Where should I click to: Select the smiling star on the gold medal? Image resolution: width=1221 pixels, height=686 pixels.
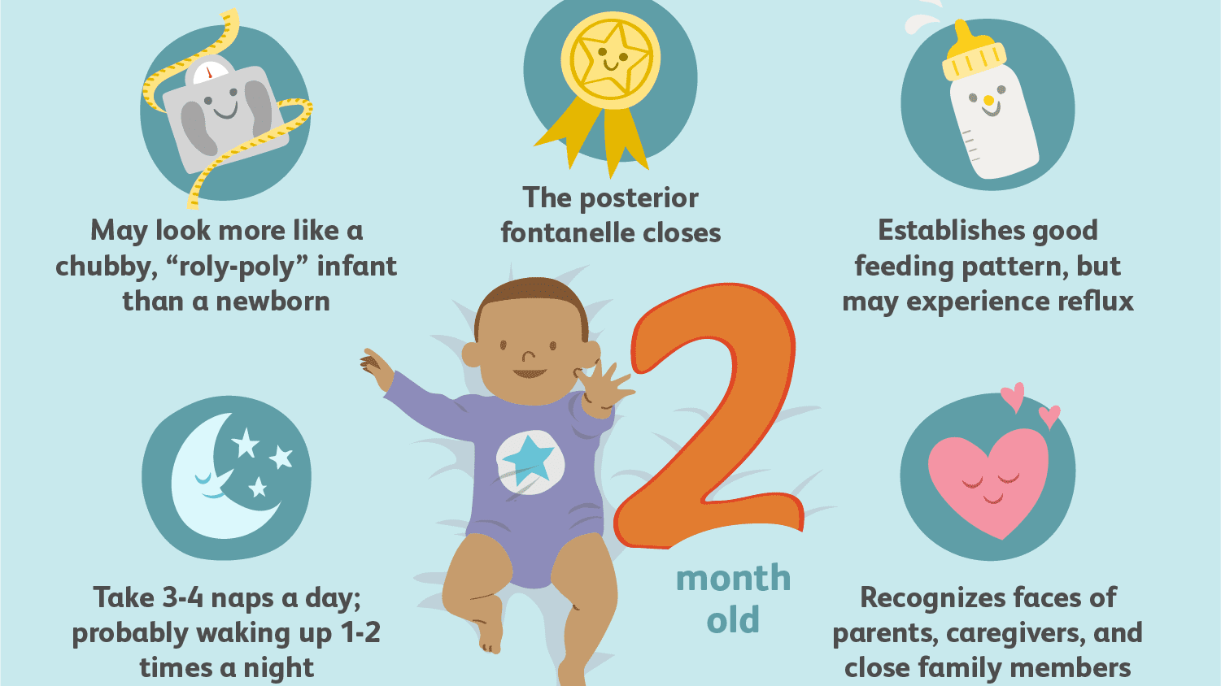click(611, 59)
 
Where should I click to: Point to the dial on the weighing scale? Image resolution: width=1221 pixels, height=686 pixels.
click(210, 73)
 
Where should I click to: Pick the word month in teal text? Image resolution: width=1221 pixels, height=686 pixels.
click(733, 579)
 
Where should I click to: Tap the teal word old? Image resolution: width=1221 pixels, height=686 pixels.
click(733, 619)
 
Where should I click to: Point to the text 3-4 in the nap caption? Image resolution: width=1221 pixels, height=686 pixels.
click(183, 597)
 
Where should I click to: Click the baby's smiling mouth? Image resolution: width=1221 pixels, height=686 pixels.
click(530, 374)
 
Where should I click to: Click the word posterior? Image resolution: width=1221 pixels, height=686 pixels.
click(639, 198)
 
